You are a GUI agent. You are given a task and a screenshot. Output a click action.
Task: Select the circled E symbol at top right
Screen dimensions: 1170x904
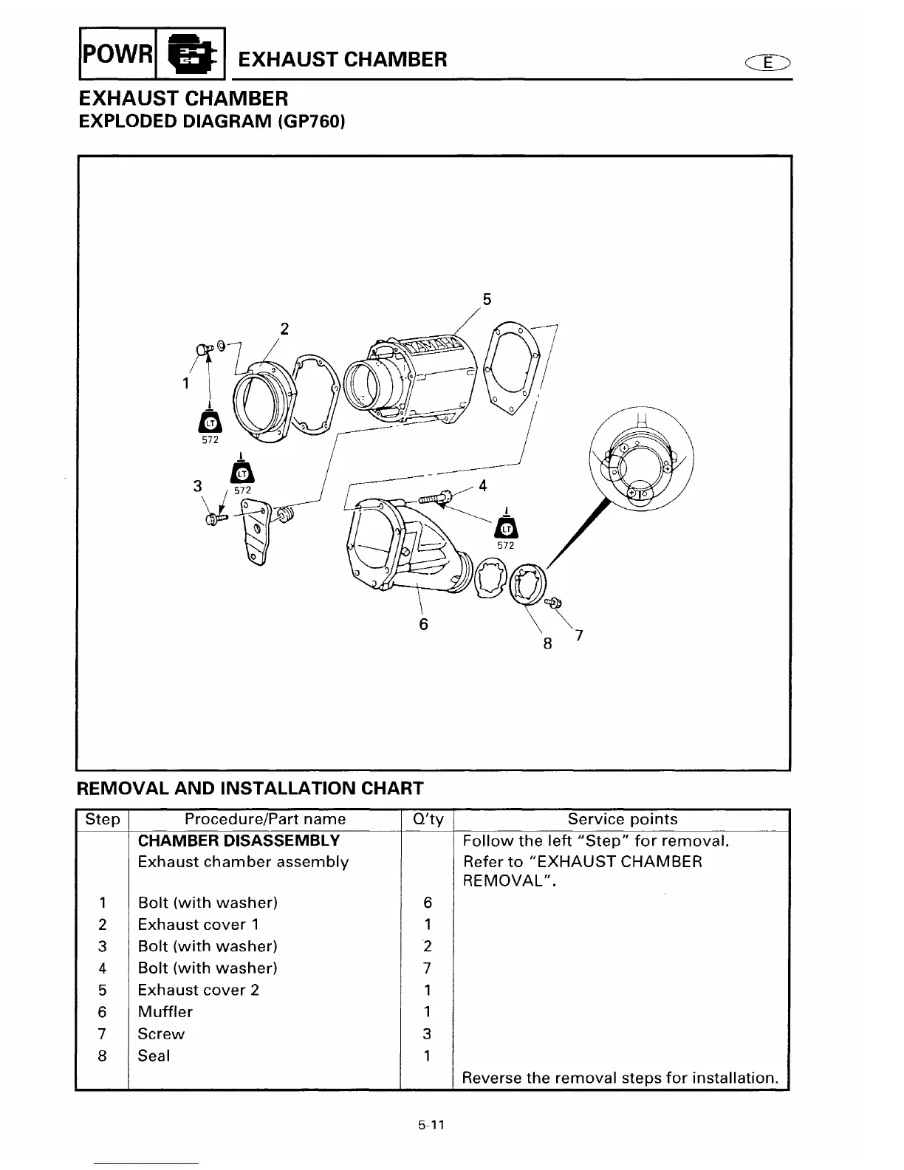coord(769,63)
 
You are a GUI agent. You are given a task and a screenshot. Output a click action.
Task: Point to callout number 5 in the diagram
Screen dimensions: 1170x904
coord(486,299)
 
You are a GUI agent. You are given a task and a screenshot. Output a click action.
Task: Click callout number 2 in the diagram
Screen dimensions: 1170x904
coord(285,329)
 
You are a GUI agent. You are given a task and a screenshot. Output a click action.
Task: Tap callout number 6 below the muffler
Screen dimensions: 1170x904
coord(423,624)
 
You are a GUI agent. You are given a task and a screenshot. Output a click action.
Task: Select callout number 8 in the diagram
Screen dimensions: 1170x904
coord(547,643)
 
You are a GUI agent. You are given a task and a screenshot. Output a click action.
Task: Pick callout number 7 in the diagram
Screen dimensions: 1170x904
coord(579,634)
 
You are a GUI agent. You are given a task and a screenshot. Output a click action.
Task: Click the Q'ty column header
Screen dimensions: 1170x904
coord(427,819)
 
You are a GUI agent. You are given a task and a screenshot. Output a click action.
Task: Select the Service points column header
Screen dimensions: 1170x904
coord(622,819)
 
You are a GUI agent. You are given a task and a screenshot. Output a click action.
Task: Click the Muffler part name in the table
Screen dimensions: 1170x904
coord(165,1012)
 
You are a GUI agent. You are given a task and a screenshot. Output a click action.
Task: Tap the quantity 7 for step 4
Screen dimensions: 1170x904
coord(427,968)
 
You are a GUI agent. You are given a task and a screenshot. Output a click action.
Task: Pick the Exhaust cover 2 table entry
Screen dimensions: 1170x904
coord(199,990)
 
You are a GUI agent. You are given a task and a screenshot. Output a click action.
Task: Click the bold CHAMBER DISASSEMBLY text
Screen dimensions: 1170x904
coord(239,841)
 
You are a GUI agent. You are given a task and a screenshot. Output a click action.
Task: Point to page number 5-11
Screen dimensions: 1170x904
coord(431,1126)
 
